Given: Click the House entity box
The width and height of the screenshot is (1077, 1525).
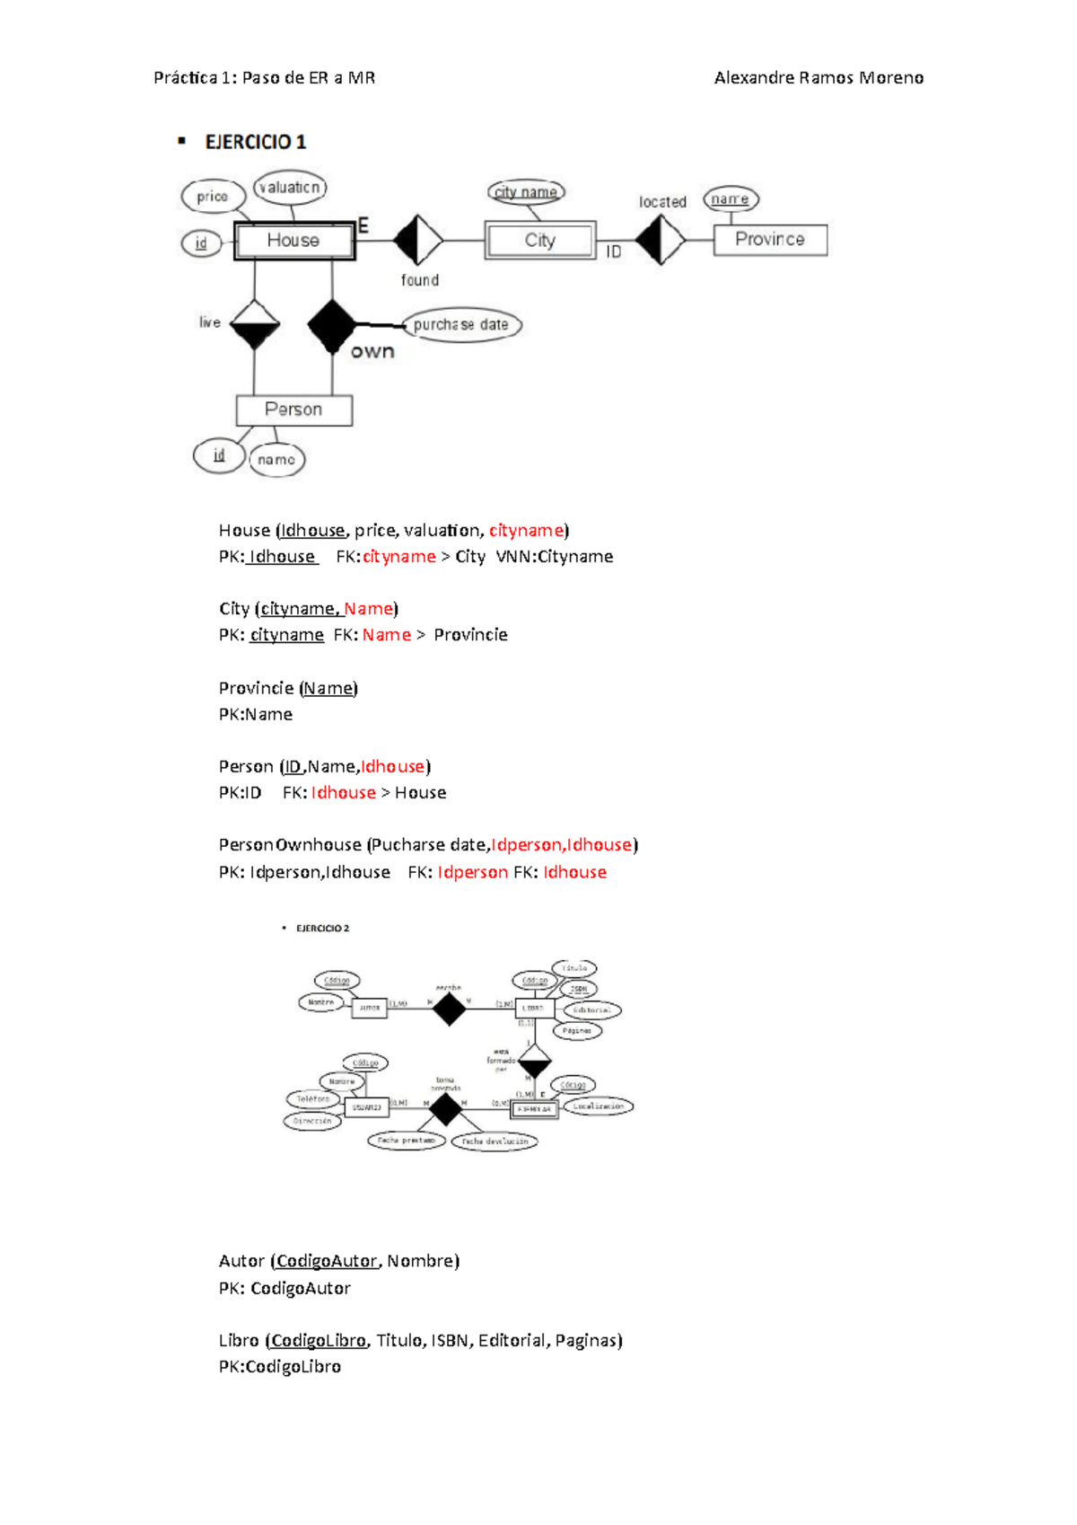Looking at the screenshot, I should (294, 241).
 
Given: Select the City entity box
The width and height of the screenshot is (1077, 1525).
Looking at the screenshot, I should (540, 241).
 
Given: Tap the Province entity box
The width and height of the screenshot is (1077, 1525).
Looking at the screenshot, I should (770, 240).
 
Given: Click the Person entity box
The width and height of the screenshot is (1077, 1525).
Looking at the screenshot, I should (293, 410).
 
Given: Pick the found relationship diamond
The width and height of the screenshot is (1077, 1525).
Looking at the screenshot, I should (418, 240).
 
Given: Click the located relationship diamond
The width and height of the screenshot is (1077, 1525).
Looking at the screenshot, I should (661, 240).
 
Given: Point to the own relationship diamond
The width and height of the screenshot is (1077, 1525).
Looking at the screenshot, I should (331, 325).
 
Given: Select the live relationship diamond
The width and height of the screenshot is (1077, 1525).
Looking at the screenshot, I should (255, 323).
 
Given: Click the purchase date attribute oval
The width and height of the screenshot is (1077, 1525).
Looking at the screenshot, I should (461, 324).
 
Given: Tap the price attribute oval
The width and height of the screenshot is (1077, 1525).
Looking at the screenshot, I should (213, 196).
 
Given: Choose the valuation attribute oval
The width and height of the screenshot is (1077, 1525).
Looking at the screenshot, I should (290, 187).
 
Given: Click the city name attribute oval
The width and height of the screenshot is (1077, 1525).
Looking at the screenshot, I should (526, 192).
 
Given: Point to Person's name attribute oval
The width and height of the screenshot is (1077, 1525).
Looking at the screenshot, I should (276, 460).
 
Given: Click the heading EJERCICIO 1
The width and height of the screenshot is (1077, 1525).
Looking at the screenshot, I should (256, 142).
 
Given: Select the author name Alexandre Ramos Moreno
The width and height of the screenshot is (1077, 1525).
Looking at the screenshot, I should (819, 78).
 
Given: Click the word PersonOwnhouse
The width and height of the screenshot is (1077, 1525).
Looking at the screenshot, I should (290, 845).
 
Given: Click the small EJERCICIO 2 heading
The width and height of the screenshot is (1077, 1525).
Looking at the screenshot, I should (322, 929).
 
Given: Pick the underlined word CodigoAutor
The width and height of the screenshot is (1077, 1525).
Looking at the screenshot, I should (327, 1261).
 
